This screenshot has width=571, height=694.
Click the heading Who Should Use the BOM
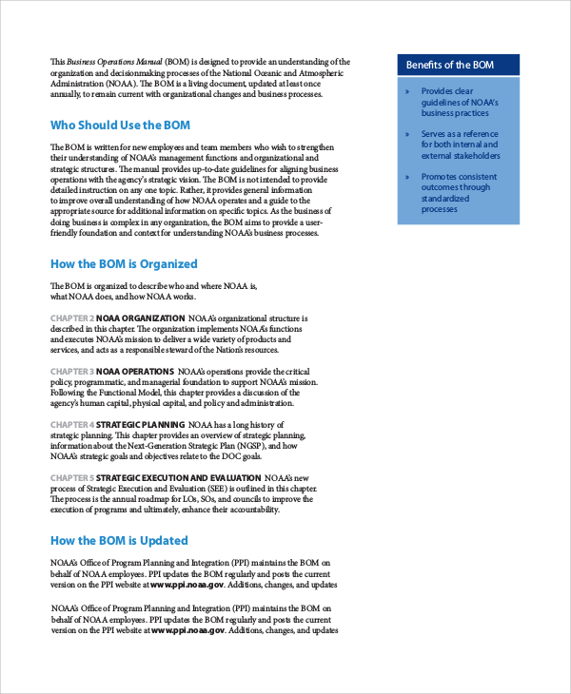(x=120, y=125)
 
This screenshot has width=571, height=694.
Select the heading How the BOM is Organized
(x=124, y=263)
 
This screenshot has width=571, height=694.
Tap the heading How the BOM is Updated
(x=119, y=540)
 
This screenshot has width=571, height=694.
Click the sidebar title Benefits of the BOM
(x=451, y=66)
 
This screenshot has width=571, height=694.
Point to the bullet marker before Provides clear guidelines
(x=407, y=91)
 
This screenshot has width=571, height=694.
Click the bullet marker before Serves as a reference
(x=407, y=134)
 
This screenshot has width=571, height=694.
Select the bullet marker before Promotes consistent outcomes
(x=407, y=177)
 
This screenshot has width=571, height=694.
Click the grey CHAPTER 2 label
(x=71, y=318)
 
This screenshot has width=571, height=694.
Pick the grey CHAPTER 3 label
(x=71, y=371)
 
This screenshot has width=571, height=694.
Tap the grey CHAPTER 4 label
(x=71, y=424)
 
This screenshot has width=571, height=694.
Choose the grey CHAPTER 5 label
(x=71, y=477)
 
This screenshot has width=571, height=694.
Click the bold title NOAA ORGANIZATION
(x=141, y=318)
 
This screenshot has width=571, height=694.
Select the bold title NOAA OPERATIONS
(x=135, y=371)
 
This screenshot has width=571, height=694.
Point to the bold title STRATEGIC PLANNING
(x=140, y=424)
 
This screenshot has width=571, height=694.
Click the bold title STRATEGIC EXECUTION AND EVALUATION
(x=179, y=477)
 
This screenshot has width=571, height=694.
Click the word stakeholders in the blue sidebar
(x=474, y=156)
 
